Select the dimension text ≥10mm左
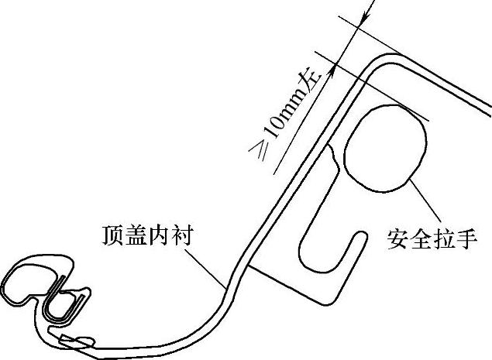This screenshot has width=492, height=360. [294, 119]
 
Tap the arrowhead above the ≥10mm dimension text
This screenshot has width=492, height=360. [335, 68]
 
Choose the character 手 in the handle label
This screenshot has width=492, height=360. [467, 236]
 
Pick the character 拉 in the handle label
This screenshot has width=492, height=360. [444, 236]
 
